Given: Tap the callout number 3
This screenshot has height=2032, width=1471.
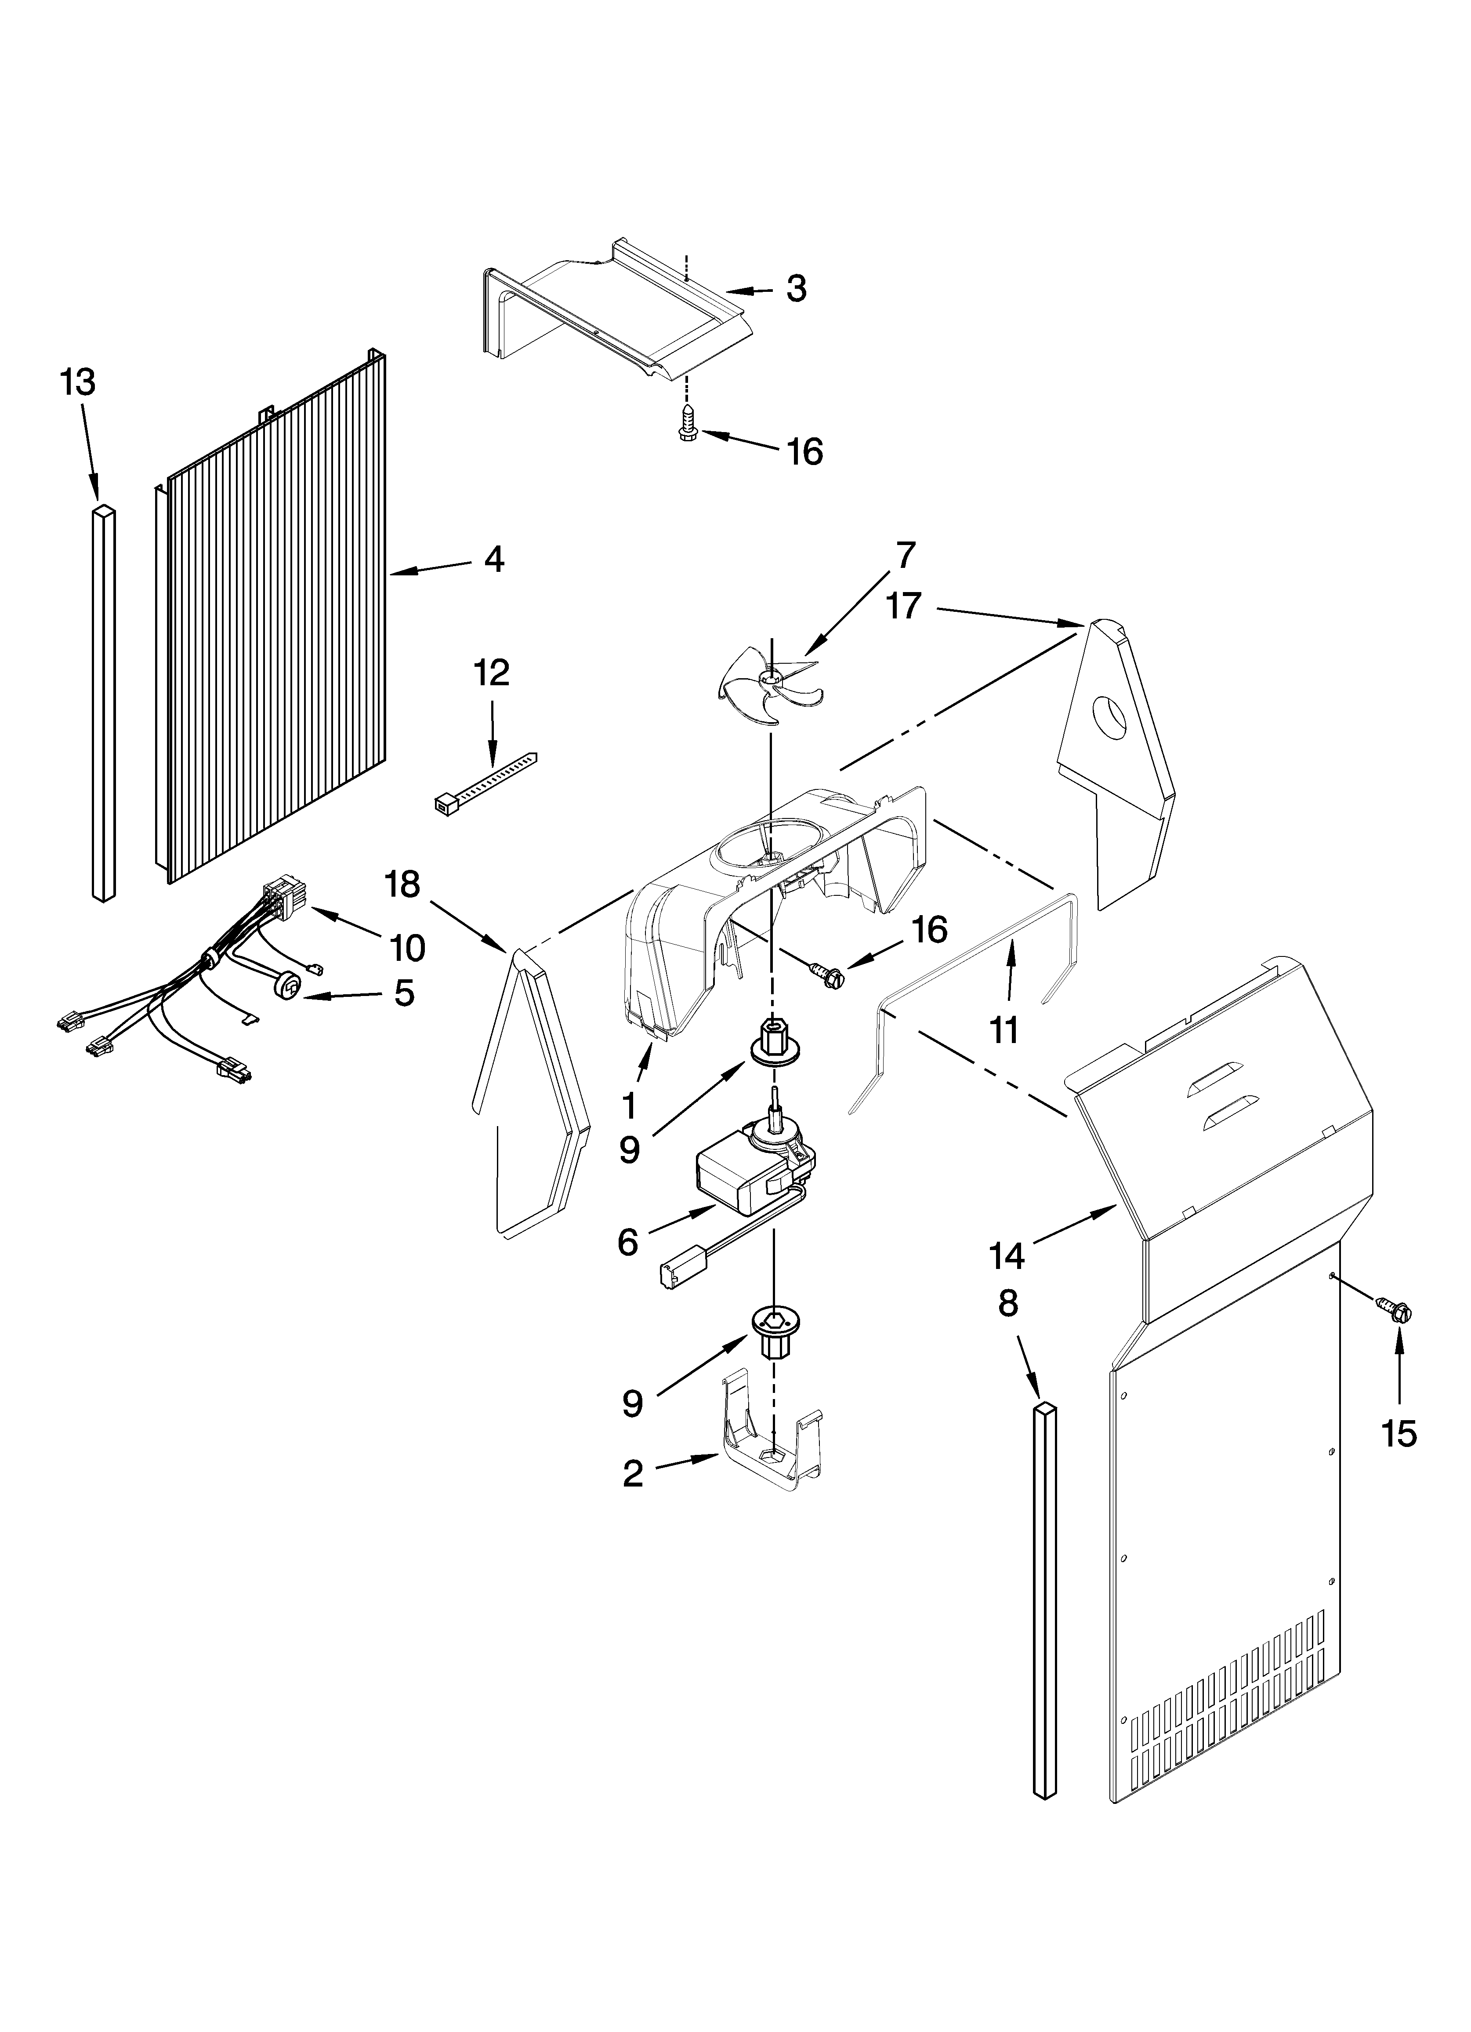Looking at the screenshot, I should coord(796,288).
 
